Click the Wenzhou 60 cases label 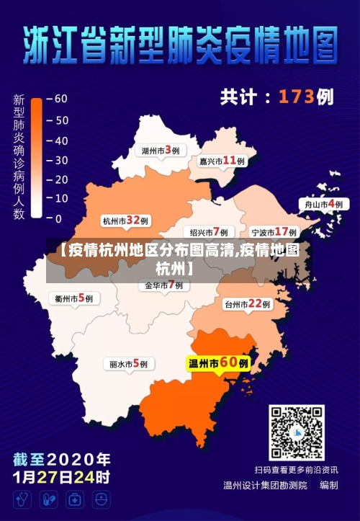coord(218,364)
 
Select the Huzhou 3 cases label coord(160,151)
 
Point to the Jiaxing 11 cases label coord(222,161)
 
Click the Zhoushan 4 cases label coord(324,205)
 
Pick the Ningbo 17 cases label coord(274,232)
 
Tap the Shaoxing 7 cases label coord(209,232)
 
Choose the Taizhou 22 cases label coord(247,304)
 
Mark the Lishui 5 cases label coord(128,364)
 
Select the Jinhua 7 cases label coord(163,285)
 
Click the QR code coord(296,432)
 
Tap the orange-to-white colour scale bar coord(36,159)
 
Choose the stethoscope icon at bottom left coord(22,499)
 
